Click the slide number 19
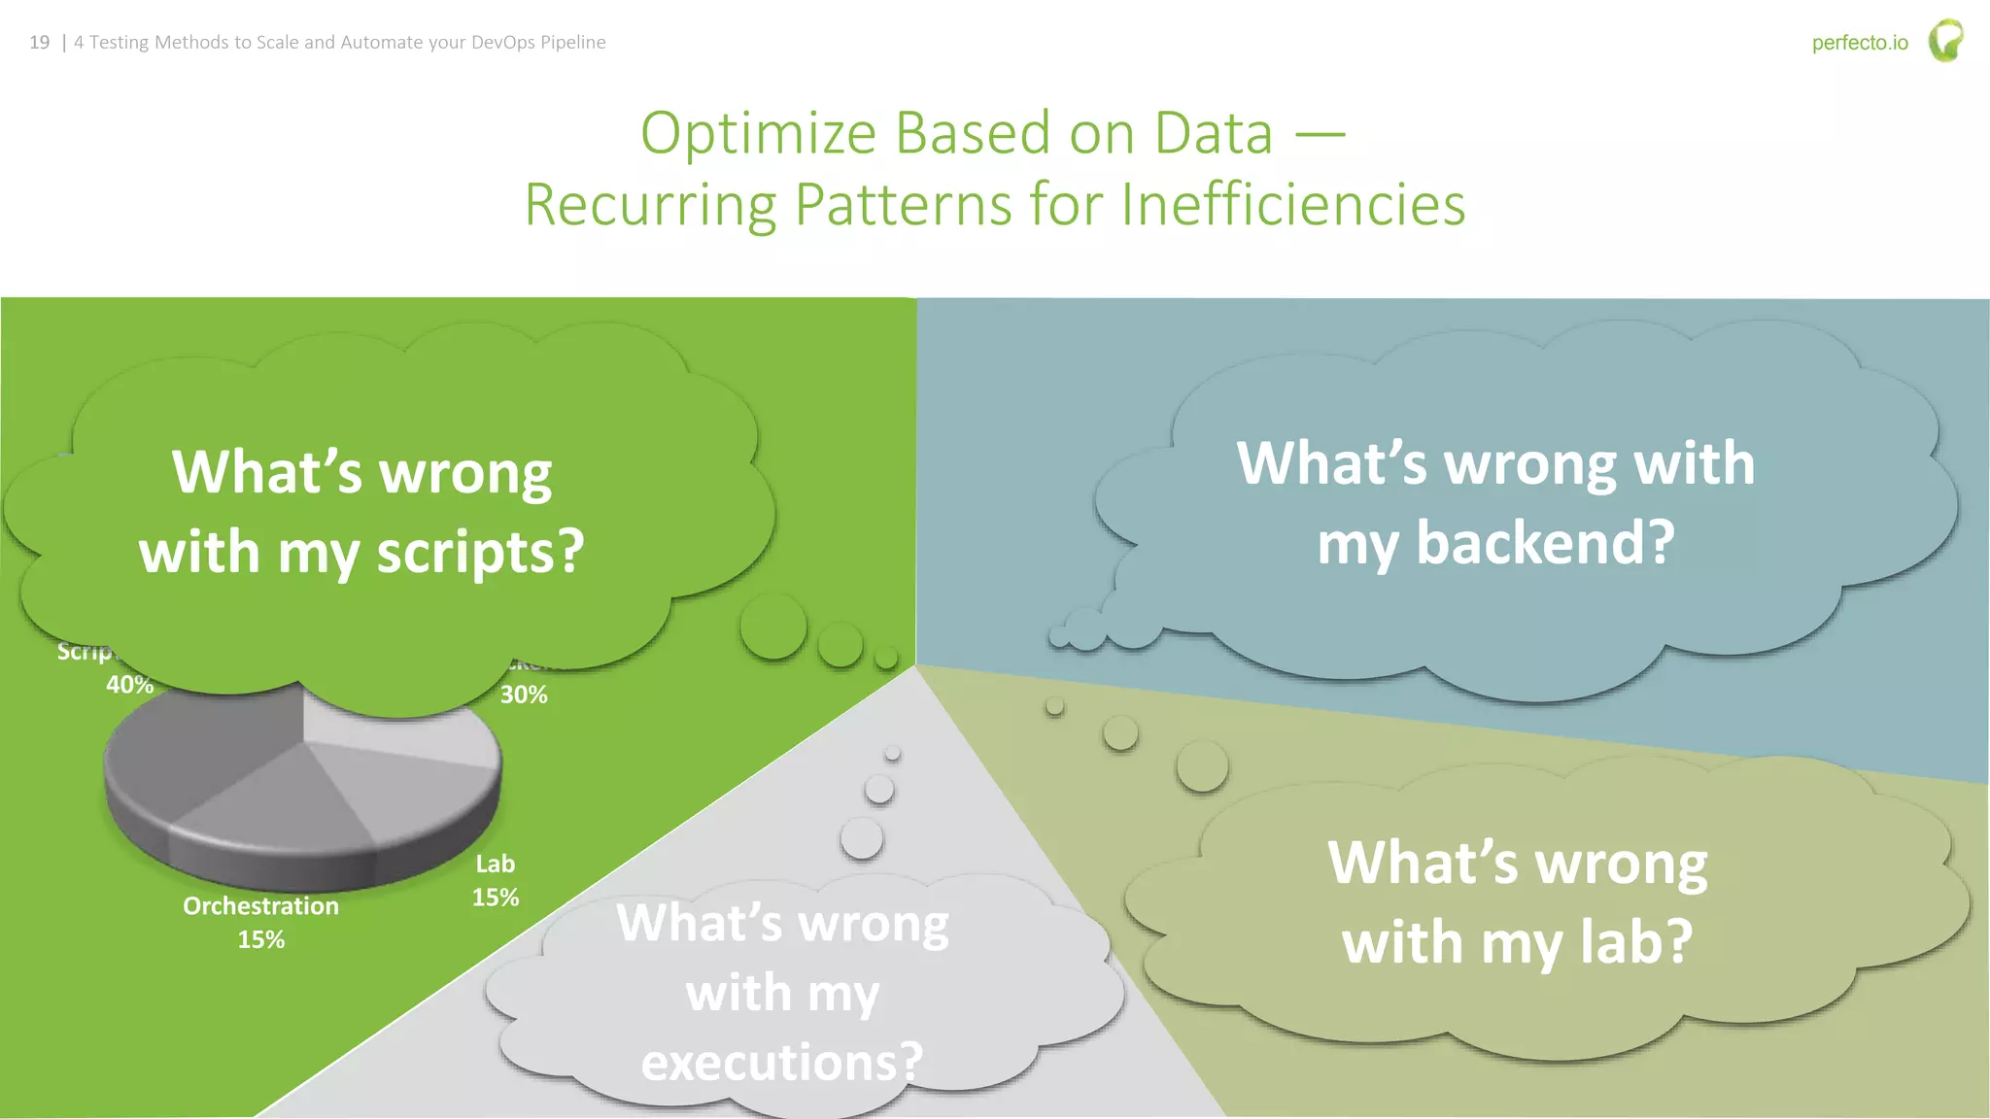click(39, 43)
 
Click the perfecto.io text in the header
click(1859, 43)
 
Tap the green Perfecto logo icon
click(1945, 41)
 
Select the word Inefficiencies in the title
click(1292, 205)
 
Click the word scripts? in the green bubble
click(480, 553)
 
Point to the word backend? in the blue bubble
click(1545, 543)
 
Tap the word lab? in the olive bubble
click(1636, 943)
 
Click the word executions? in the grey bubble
click(781, 1062)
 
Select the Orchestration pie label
click(260, 906)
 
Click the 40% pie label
click(129, 685)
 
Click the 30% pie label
click(524, 695)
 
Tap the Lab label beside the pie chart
click(495, 865)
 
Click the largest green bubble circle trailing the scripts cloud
click(773, 627)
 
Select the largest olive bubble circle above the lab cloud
click(1202, 766)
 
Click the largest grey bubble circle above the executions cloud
click(861, 837)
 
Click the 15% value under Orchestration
click(260, 940)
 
